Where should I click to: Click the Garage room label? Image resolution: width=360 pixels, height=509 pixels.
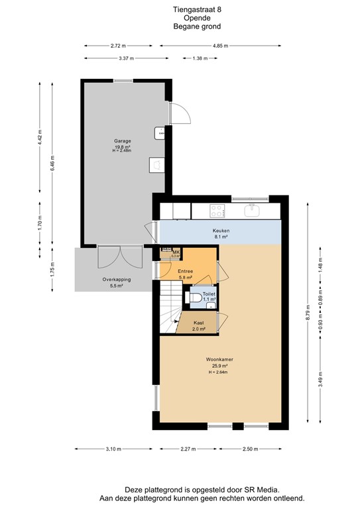pyautogui.click(x=122, y=141)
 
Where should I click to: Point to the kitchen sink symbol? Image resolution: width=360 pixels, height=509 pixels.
pyautogui.click(x=253, y=211)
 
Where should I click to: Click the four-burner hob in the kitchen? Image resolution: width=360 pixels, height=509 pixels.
pyautogui.click(x=217, y=211)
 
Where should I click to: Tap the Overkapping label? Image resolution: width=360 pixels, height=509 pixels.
pyautogui.click(x=116, y=280)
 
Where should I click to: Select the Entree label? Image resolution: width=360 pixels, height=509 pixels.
pyautogui.click(x=186, y=271)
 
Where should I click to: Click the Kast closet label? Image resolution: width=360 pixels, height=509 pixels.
pyautogui.click(x=198, y=322)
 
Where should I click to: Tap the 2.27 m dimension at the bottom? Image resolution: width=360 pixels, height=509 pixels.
pyautogui.click(x=190, y=450)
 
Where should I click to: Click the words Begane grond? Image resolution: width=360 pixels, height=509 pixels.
pyautogui.click(x=197, y=27)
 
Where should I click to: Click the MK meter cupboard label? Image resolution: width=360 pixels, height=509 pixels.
pyautogui.click(x=176, y=252)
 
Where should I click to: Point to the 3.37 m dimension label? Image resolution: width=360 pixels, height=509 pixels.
pyautogui.click(x=125, y=58)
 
